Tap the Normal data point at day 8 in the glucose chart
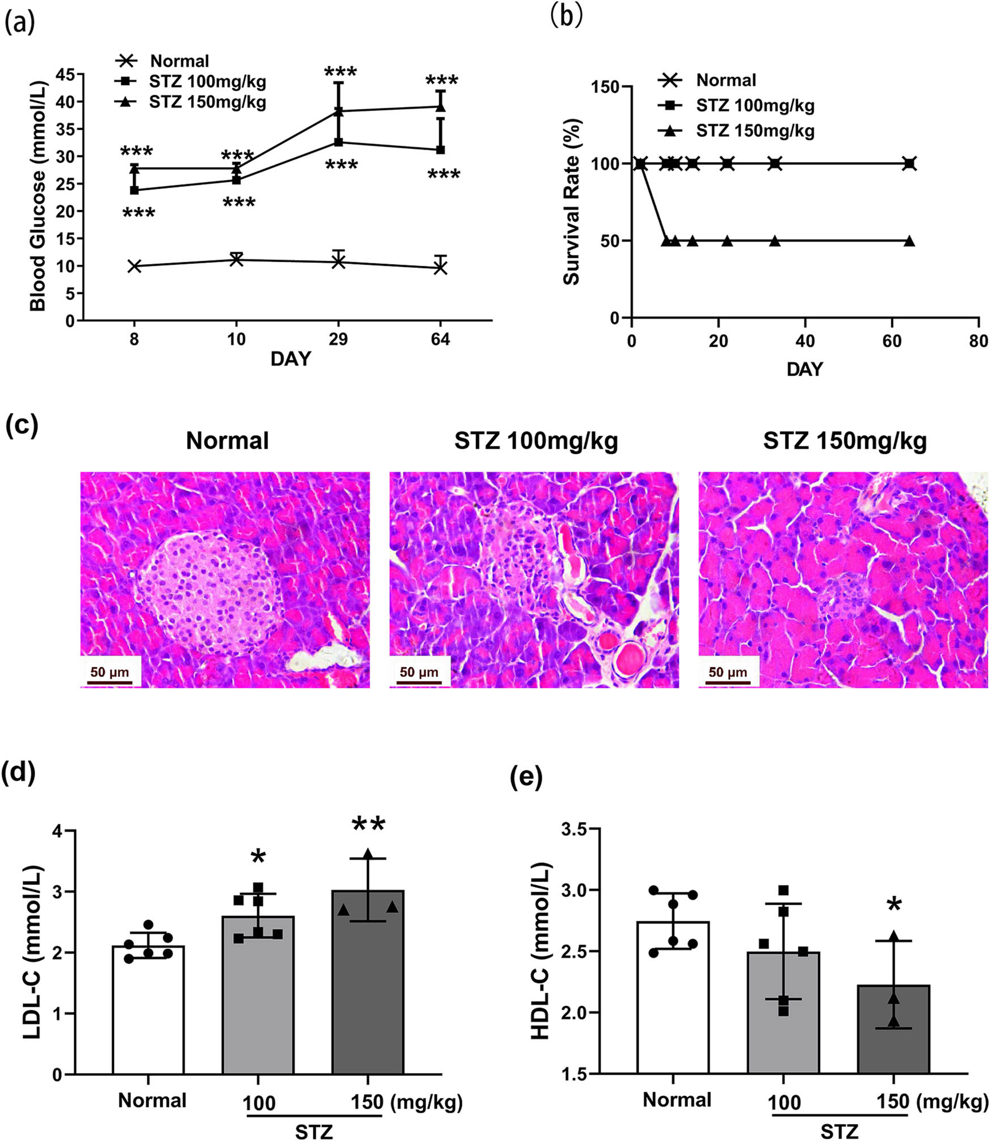click(x=134, y=266)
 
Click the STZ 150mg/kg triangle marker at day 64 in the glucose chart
click(x=440, y=107)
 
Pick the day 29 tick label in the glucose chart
click(x=338, y=339)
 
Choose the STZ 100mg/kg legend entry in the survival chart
click(x=755, y=105)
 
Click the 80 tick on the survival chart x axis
click(x=978, y=341)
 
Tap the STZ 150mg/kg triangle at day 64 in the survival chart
click(x=909, y=241)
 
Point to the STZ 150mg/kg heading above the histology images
click(x=844, y=441)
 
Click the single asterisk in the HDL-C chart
click(x=894, y=905)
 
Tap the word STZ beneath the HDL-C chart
click(x=839, y=1131)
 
